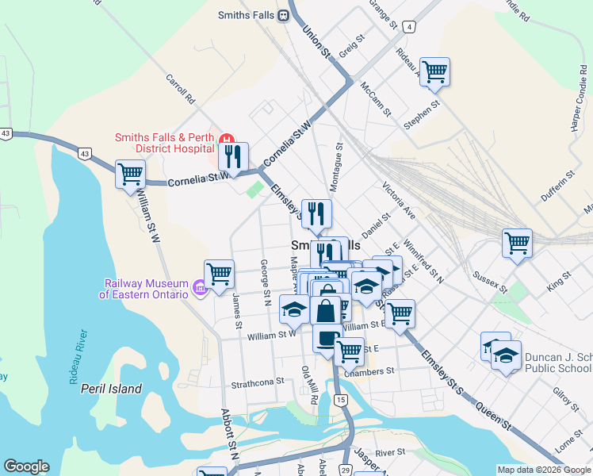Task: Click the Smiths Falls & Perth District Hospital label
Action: [164, 142]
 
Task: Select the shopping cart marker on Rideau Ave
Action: [434, 72]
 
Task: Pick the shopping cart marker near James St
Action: [220, 274]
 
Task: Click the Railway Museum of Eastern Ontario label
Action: [144, 289]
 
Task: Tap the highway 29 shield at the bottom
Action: [346, 470]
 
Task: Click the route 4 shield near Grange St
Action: [409, 27]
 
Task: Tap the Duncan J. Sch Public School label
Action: [557, 363]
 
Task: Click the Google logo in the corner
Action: [25, 466]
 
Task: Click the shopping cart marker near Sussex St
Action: [517, 244]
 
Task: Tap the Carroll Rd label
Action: [181, 90]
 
